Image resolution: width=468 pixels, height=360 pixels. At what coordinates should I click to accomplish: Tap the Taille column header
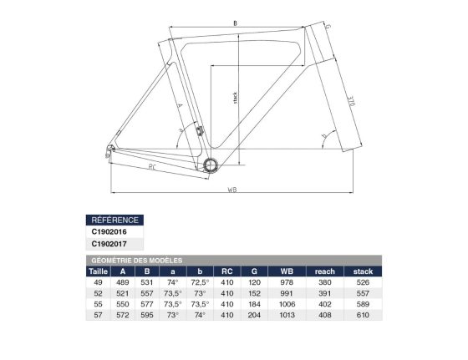pos(99,271)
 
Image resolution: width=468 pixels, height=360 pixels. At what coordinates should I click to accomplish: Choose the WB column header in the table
pos(287,271)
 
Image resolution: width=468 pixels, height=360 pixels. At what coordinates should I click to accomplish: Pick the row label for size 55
pos(99,305)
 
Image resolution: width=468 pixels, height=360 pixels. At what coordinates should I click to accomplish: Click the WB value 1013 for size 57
pos(287,317)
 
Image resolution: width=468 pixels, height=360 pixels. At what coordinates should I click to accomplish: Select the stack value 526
pos(363,282)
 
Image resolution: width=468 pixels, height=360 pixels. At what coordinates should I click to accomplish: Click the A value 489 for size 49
pos(123,282)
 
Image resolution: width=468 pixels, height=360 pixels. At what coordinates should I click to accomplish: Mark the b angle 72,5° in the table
pos(199,282)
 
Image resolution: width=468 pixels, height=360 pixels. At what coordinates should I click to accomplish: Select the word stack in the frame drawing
pos(236,101)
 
